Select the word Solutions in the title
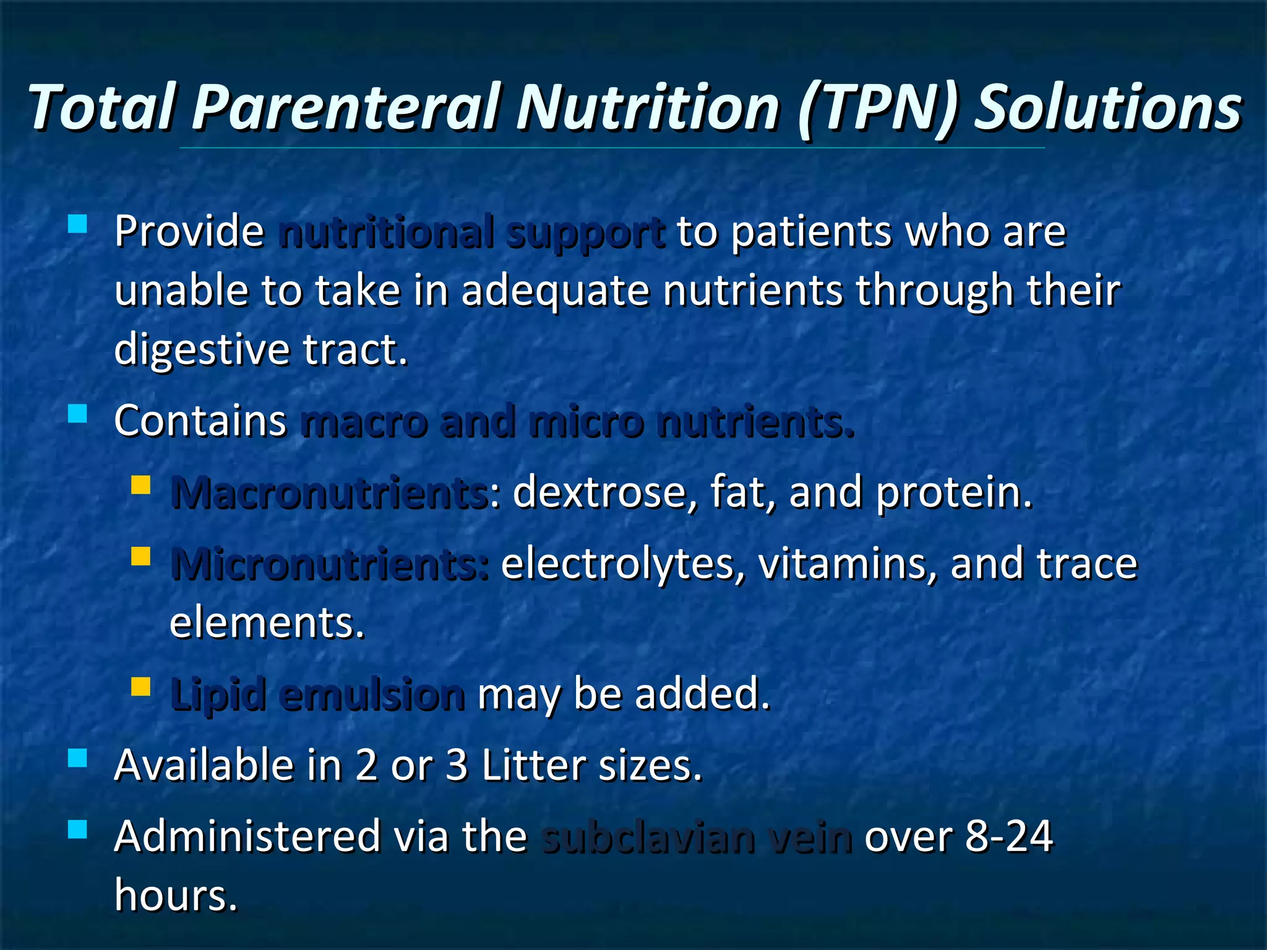coord(1107,108)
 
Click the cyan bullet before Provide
coord(77,223)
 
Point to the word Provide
coord(189,232)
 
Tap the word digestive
coord(202,350)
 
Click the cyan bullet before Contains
coord(77,413)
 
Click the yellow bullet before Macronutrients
coord(141,485)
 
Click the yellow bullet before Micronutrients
coord(141,556)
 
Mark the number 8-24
coord(1008,837)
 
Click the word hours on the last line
coord(176,896)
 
